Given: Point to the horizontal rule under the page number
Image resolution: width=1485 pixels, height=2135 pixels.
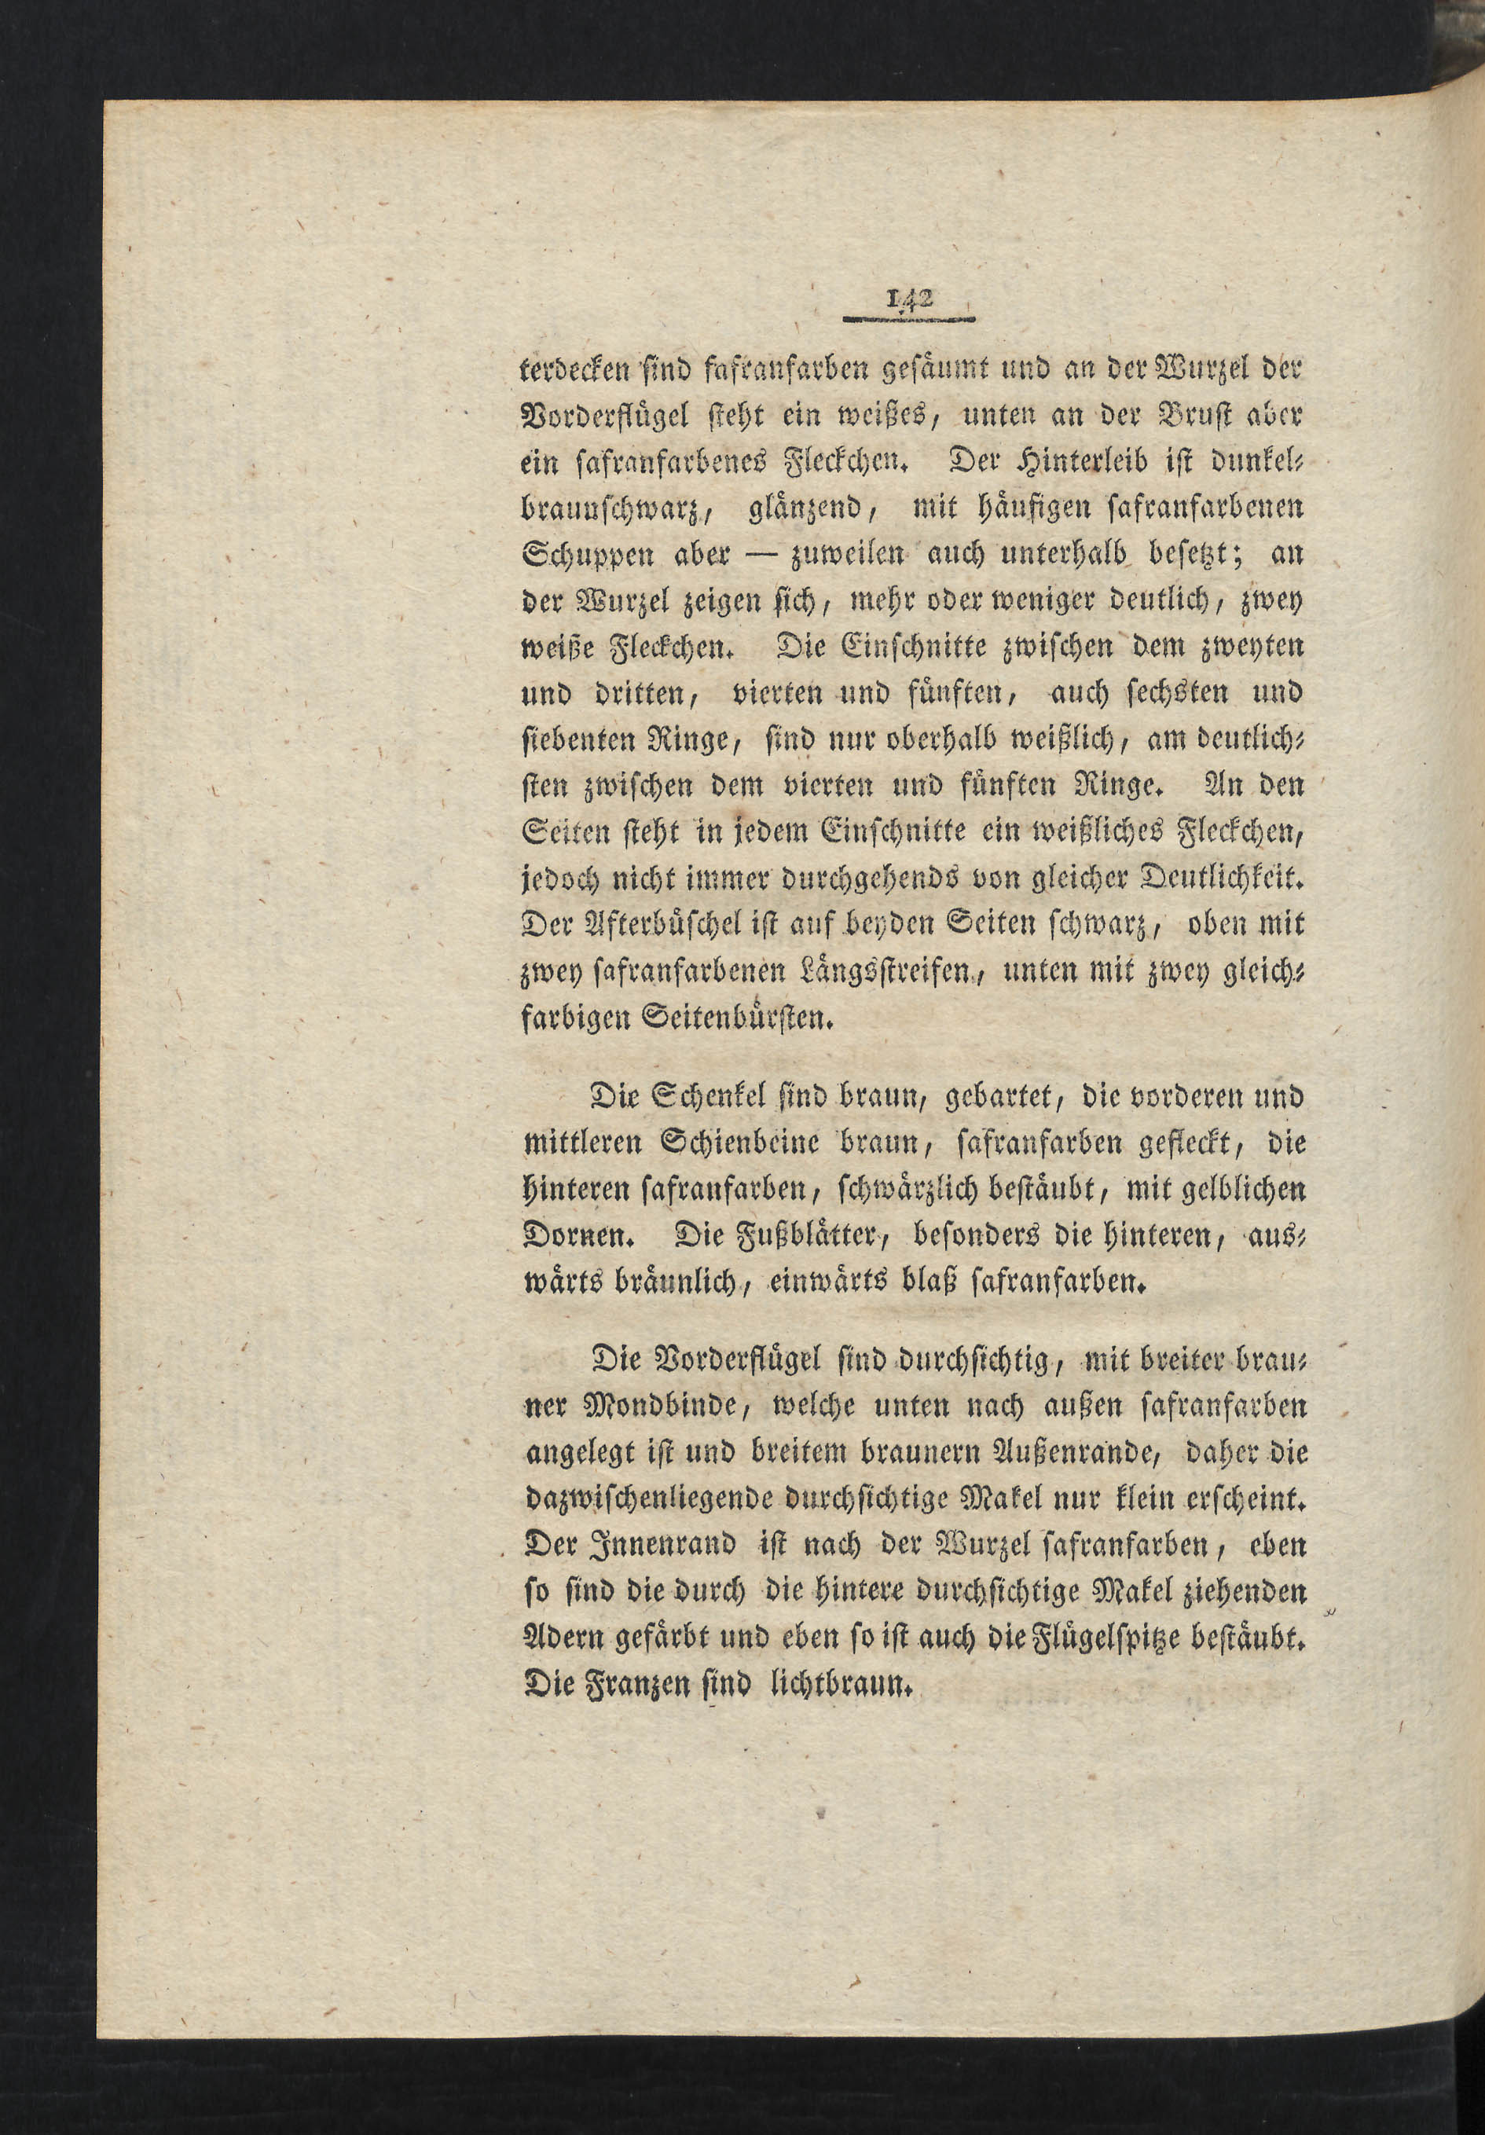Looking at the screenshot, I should (x=908, y=319).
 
